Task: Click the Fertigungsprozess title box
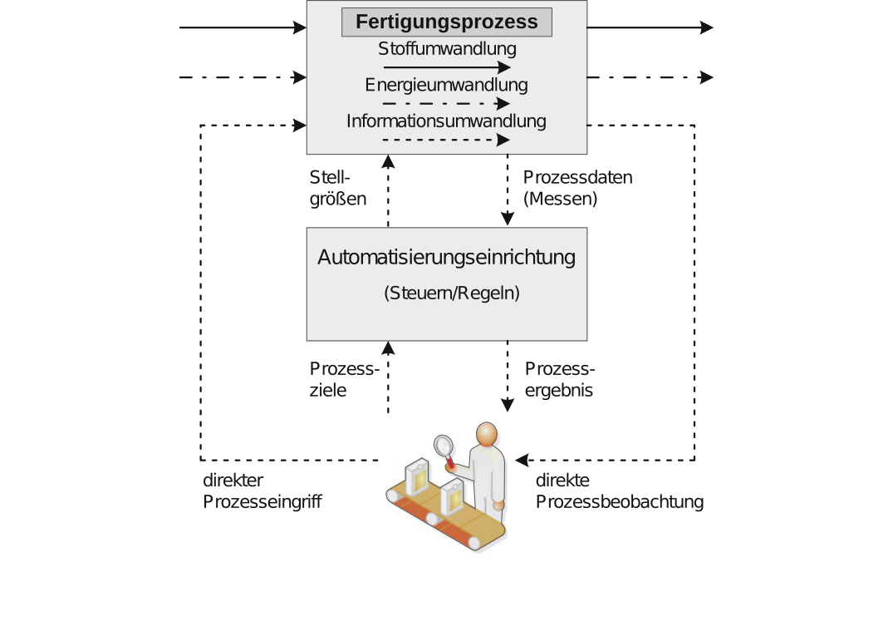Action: click(x=447, y=22)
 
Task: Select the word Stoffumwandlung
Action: click(x=447, y=48)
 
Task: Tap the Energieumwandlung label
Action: click(x=447, y=85)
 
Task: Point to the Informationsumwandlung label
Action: click(x=447, y=121)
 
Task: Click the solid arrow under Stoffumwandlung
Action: click(x=447, y=67)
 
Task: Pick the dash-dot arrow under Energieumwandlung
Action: click(x=447, y=104)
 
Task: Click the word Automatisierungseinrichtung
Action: click(x=447, y=257)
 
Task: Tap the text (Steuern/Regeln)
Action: click(x=452, y=293)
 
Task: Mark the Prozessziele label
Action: click(x=344, y=379)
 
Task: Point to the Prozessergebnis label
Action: click(x=560, y=379)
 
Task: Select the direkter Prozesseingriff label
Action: click(x=262, y=491)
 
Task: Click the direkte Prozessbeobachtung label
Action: click(x=619, y=491)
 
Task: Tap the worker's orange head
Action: click(x=485, y=435)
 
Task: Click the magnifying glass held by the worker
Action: click(x=444, y=446)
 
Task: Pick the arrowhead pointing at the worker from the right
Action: click(x=521, y=459)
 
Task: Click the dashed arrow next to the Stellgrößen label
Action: click(x=388, y=191)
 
